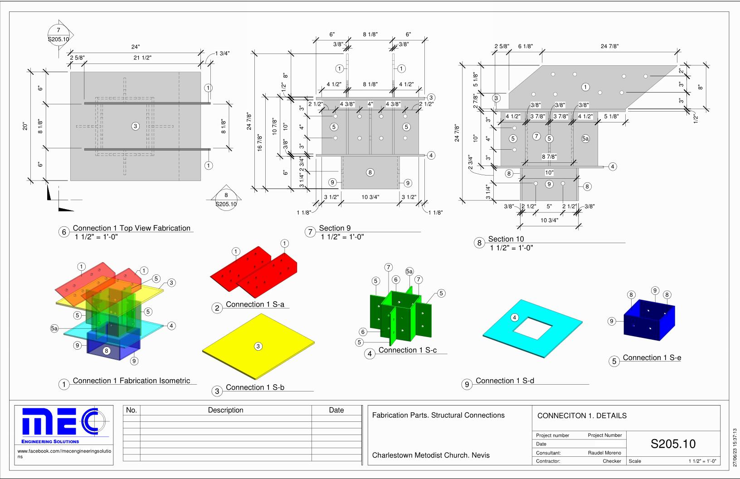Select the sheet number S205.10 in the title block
pyautogui.click(x=673, y=444)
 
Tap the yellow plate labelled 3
pyautogui.click(x=258, y=347)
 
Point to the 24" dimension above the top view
pyautogui.click(x=136, y=47)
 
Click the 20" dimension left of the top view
pyautogui.click(x=25, y=126)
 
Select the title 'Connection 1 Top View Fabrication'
pyautogui.click(x=131, y=228)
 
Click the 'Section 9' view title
pyautogui.click(x=335, y=228)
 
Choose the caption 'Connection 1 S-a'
pyautogui.click(x=255, y=304)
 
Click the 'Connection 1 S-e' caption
pyautogui.click(x=652, y=357)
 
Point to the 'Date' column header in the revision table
pyautogui.click(x=336, y=410)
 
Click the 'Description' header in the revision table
pyautogui.click(x=225, y=410)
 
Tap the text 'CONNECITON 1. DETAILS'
pyautogui.click(x=582, y=415)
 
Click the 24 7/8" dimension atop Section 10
pyautogui.click(x=609, y=46)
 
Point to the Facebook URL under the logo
pyautogui.click(x=63, y=454)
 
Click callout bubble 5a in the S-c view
pyautogui.click(x=409, y=272)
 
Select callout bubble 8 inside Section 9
pyautogui.click(x=370, y=172)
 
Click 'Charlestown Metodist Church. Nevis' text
pyautogui.click(x=431, y=455)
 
